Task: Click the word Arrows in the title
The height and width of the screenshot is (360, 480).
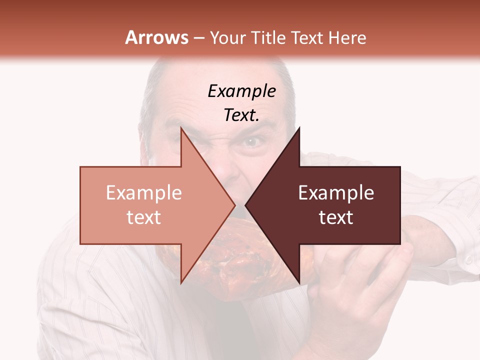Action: [x=156, y=37]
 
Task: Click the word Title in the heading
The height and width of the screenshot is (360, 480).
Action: [x=268, y=37]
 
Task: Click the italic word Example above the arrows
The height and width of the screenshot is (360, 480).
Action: [x=241, y=91]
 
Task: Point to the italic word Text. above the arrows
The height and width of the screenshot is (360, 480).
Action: [x=241, y=115]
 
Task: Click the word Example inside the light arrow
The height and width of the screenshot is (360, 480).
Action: [x=144, y=192]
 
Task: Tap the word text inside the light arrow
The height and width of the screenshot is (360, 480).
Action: [x=144, y=217]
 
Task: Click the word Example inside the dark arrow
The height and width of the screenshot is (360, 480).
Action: [x=336, y=192]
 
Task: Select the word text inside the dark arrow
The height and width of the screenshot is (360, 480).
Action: [x=336, y=217]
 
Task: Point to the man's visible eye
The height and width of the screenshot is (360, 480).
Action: [x=252, y=142]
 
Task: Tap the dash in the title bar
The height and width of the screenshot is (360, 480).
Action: [x=199, y=38]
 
